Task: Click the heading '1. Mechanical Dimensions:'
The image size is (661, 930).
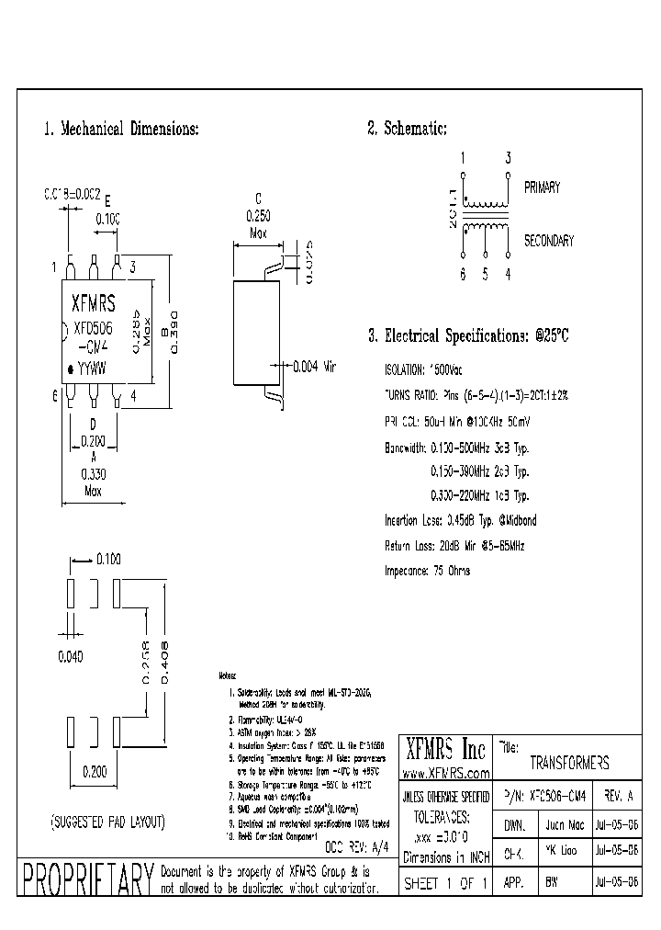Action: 120,129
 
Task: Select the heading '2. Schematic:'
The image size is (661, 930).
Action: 407,129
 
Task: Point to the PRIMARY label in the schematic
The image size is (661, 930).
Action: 542,187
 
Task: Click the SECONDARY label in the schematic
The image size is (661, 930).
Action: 548,241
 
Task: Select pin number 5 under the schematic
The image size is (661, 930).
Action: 485,273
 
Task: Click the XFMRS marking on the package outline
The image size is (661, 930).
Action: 95,301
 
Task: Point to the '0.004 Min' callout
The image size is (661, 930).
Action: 315,366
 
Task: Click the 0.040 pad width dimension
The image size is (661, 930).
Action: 71,656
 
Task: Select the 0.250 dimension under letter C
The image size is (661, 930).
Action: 259,214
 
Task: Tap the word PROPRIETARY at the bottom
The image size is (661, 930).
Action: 87,880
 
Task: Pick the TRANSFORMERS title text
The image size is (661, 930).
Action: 569,764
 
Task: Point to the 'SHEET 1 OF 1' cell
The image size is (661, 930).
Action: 446,881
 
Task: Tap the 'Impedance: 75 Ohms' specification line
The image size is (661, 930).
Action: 427,571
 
